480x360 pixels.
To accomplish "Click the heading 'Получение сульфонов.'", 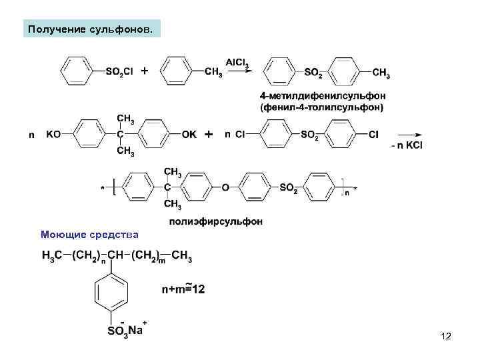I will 91,30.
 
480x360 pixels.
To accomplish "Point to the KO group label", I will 53,134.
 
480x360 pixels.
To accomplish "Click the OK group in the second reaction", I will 189,134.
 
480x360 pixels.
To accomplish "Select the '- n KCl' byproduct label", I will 407,145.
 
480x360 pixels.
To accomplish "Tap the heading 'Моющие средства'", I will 89,235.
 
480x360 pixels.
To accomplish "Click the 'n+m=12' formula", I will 183,289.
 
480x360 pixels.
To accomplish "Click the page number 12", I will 446,337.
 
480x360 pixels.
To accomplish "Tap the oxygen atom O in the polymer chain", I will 225,188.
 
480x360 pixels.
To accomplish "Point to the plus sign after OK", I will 209,134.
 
